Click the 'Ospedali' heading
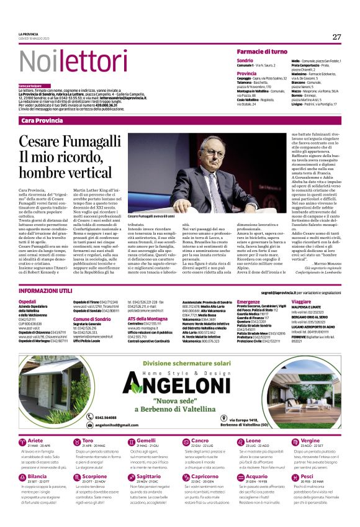coord(27,301)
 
